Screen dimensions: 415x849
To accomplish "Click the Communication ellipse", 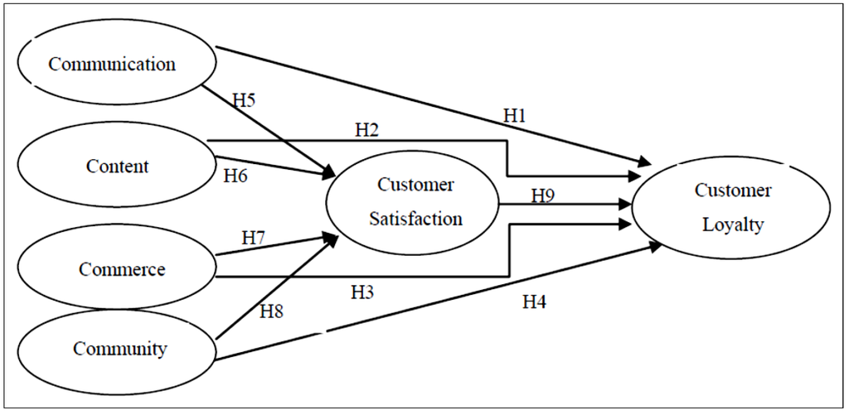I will click(x=114, y=64).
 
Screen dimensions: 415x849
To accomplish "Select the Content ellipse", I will click(x=117, y=166).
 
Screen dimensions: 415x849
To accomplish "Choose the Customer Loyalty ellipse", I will click(x=731, y=207).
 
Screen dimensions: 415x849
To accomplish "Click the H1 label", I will click(x=516, y=116).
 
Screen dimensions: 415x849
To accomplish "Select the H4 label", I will click(x=534, y=303).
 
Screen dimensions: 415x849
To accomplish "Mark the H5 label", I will click(x=244, y=100).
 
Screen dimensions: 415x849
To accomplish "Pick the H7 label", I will click(x=254, y=238).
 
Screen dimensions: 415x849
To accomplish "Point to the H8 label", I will click(x=272, y=311).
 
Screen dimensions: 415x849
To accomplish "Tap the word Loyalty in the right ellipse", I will click(x=732, y=224).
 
